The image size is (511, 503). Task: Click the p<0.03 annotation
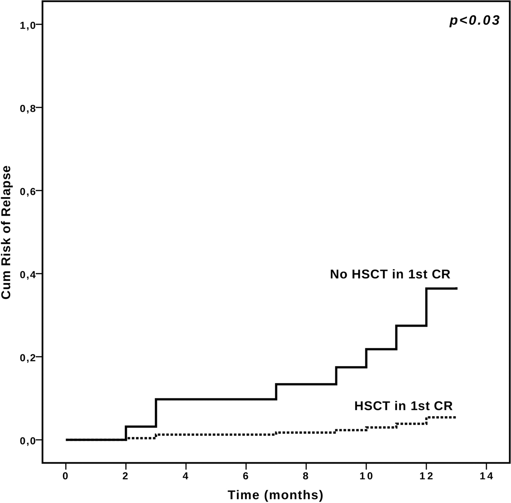[474, 20]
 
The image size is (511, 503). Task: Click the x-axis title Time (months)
[275, 495]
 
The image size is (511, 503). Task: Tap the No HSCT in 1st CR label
[390, 274]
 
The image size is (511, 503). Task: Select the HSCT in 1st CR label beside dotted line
[403, 406]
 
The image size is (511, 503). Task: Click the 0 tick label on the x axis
[66, 476]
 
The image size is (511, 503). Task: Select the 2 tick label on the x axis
[125, 476]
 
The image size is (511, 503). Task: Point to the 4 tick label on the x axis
[186, 476]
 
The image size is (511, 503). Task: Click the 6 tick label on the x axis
[246, 476]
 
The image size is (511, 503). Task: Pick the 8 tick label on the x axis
[306, 476]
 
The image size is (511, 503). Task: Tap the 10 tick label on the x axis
[366, 476]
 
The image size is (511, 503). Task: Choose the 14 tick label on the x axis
[486, 476]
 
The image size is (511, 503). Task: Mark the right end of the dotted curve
[455, 417]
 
